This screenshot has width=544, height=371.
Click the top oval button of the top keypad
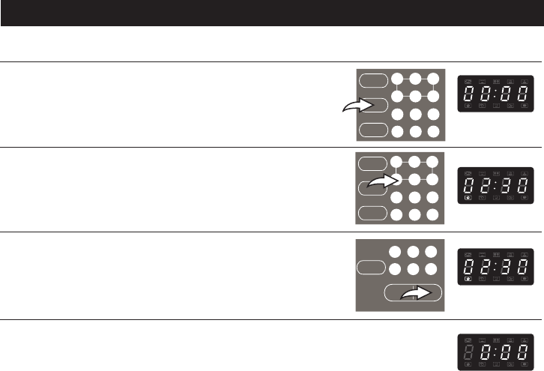pos(372,80)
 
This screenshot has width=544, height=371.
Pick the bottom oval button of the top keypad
pos(372,130)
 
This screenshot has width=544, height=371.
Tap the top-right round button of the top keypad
pos(433,79)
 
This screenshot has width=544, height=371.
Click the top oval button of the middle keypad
pos(371,163)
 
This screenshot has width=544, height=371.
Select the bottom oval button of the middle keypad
pos(371,213)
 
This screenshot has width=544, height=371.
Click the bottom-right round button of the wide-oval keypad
pos(433,268)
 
